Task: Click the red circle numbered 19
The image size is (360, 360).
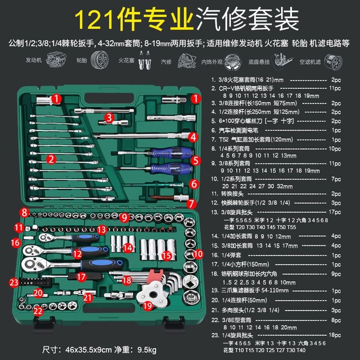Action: [x=147, y=306]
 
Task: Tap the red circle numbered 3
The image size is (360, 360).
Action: [x=108, y=118]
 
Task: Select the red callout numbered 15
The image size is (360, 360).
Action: [x=167, y=256]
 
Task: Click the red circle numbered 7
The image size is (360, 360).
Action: [x=192, y=203]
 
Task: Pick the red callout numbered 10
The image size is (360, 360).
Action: [x=198, y=254]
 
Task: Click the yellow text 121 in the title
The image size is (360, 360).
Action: [x=93, y=19]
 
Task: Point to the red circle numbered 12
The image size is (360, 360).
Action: [x=77, y=254]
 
